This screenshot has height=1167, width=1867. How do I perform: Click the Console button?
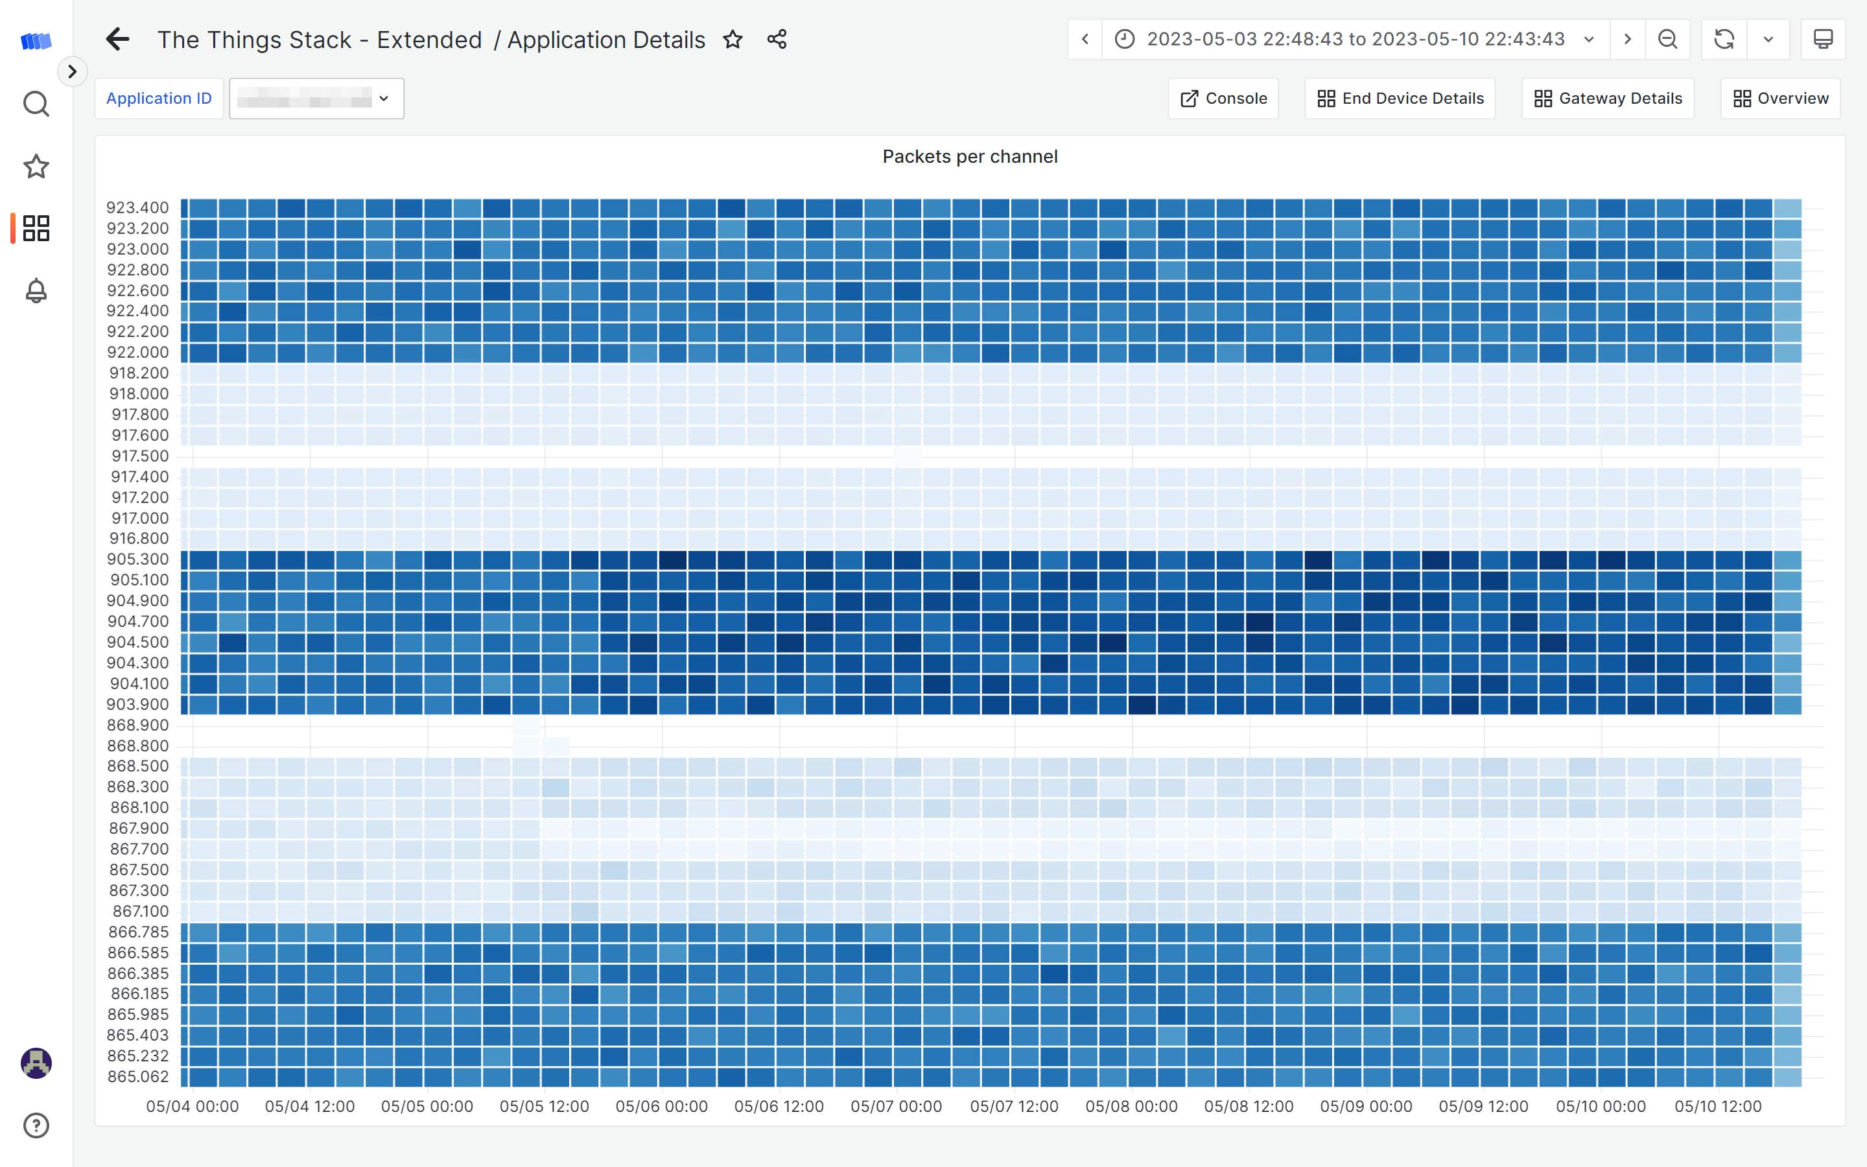[1223, 99]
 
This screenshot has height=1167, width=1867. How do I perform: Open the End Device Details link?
[1400, 99]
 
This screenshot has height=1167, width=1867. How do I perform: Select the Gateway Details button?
[1608, 99]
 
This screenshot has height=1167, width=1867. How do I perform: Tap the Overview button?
[1780, 99]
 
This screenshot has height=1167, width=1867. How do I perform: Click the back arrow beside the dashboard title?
[117, 40]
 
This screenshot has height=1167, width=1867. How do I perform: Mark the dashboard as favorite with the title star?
[733, 40]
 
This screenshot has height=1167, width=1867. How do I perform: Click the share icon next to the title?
[777, 40]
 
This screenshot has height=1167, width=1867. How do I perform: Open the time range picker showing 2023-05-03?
[1355, 40]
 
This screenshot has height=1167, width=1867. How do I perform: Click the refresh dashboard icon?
[1724, 40]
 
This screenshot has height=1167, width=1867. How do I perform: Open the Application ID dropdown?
[316, 99]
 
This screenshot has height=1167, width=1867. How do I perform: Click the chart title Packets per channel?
[970, 157]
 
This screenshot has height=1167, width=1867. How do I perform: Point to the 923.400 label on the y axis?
[137, 207]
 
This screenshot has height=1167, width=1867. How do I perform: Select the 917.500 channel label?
[139, 456]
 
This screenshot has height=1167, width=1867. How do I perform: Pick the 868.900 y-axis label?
[137, 725]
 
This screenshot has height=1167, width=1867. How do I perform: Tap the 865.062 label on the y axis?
[137, 1077]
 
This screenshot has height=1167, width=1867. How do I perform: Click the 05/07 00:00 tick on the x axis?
[896, 1107]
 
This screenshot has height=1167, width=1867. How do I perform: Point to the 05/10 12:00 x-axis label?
[1717, 1107]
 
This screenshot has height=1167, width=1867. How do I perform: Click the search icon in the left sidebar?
[36, 104]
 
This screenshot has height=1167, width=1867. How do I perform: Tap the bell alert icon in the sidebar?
[36, 291]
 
